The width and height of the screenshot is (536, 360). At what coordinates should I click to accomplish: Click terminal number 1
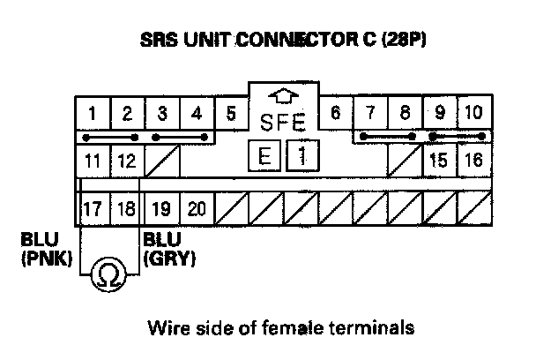(x=93, y=114)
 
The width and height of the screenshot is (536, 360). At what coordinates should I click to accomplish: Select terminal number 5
(x=231, y=114)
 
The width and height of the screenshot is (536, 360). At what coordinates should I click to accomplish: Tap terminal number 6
(x=335, y=114)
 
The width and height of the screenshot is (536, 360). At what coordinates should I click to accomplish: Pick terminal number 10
(x=473, y=114)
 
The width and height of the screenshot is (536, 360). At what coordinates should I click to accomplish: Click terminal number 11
(x=93, y=161)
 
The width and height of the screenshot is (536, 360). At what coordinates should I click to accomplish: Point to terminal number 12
(x=127, y=161)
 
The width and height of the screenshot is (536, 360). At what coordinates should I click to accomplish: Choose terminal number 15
(x=438, y=161)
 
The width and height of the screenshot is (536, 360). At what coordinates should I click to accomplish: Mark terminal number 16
(x=473, y=161)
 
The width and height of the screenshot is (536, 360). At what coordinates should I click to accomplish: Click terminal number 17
(x=93, y=210)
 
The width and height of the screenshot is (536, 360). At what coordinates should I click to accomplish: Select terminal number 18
(x=127, y=210)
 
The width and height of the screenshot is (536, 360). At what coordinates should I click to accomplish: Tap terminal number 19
(x=161, y=210)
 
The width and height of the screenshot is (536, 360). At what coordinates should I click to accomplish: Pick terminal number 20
(x=197, y=210)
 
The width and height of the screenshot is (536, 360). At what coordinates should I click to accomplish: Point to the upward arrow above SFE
(x=284, y=95)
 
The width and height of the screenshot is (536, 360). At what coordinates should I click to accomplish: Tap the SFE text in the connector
(x=283, y=119)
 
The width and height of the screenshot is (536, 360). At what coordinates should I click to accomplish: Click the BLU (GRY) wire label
(x=168, y=249)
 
